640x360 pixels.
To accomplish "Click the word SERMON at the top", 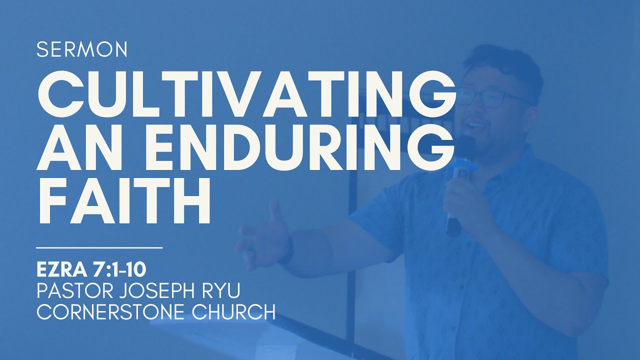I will point(82,49).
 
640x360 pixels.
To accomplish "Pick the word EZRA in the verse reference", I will point(60,269).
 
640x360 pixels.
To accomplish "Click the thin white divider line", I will point(100,247).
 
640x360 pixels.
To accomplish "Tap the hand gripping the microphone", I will point(462,200).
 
